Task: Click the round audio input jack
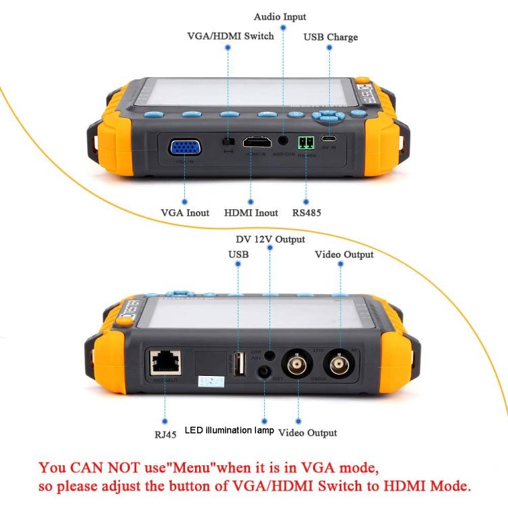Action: (283, 142)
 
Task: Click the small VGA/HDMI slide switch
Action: (228, 142)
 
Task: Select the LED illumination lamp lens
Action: (266, 373)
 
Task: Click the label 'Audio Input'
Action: (280, 17)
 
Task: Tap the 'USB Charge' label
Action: (331, 37)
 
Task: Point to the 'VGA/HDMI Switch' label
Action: (230, 36)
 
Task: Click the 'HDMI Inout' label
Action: (251, 213)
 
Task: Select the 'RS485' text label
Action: (307, 213)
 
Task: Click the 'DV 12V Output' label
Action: (270, 239)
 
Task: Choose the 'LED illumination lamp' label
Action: (229, 431)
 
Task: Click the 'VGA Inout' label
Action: (185, 213)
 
